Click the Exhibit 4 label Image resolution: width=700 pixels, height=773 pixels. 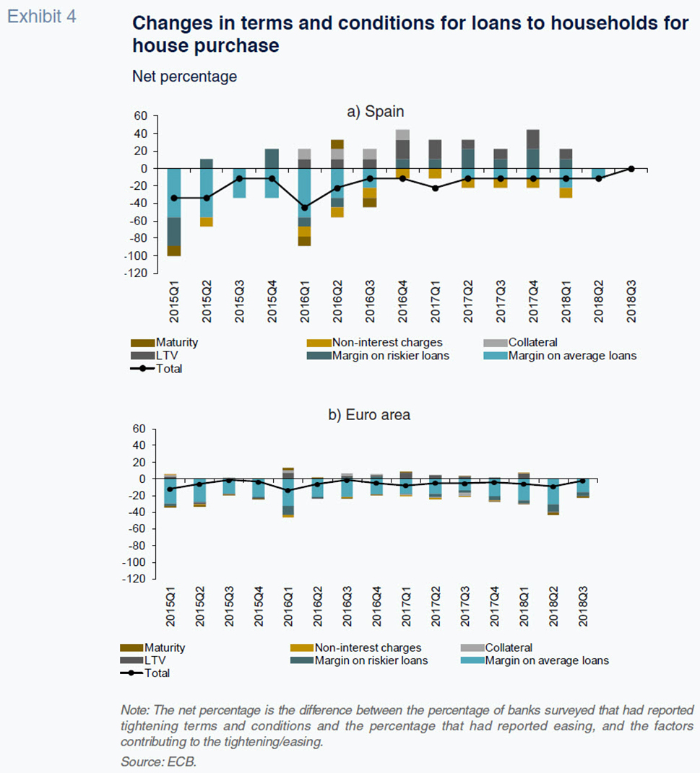42,17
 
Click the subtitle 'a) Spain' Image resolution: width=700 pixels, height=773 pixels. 376,111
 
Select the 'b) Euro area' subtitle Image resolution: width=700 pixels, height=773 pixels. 369,414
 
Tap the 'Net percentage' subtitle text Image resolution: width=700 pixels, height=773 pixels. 184,77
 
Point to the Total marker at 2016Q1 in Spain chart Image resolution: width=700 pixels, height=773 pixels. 305,208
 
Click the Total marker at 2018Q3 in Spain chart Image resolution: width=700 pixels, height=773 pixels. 631,169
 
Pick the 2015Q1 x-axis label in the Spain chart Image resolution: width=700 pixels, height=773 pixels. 174,302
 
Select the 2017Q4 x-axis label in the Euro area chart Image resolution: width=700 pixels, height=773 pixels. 494,606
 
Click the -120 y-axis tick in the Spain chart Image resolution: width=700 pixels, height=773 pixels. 136,273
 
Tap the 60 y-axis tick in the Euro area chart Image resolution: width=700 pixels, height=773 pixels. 139,429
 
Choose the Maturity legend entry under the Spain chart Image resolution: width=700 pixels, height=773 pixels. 164,342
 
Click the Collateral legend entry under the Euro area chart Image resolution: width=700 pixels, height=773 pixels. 497,647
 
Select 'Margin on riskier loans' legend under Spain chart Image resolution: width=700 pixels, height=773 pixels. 378,355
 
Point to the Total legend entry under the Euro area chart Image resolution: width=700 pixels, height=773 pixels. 145,673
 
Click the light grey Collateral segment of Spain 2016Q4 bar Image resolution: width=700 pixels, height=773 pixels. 402,134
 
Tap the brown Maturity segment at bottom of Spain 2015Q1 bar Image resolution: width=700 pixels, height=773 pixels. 174,251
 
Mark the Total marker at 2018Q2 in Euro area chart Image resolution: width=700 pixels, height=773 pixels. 553,486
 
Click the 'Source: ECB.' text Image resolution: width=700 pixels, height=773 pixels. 158,761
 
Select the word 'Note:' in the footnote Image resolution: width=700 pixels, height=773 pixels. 135,710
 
